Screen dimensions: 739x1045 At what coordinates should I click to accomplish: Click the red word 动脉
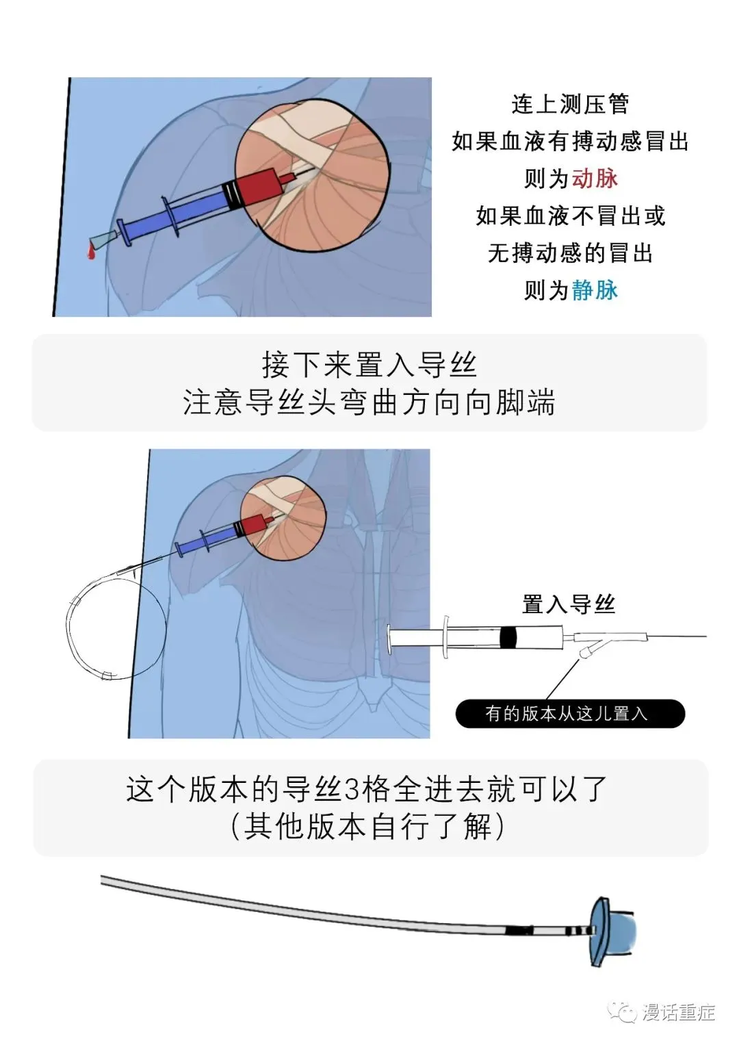595,179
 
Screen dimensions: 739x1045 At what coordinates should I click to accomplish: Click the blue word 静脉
595,290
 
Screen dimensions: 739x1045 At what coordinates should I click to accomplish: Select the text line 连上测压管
570,104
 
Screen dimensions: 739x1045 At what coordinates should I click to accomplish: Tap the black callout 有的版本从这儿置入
569,714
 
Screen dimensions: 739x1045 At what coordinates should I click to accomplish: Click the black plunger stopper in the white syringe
508,638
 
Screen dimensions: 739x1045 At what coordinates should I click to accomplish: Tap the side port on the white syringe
587,650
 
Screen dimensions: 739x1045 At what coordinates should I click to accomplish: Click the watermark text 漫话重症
678,1011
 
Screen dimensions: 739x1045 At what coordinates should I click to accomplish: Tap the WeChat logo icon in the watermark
624,1011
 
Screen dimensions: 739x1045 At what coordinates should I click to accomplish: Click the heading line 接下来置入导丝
369,365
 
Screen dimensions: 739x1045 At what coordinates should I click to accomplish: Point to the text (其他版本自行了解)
369,827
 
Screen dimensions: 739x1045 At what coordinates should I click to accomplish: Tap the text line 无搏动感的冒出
570,253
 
